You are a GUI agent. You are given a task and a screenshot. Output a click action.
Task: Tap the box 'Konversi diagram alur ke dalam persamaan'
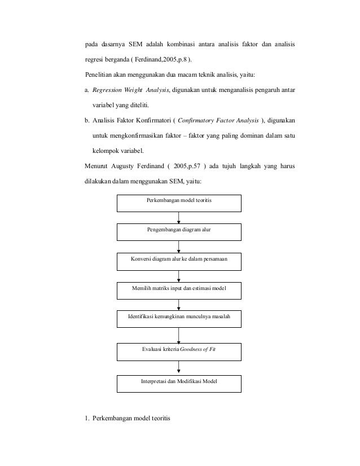[179, 261]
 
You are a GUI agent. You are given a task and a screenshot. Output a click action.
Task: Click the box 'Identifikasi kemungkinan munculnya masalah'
[179, 318]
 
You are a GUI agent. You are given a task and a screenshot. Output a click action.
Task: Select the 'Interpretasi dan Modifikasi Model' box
[179, 383]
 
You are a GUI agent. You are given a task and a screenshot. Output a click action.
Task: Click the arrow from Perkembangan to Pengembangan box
[179, 217]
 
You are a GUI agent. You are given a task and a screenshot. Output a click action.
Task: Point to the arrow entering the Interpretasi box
[179, 367]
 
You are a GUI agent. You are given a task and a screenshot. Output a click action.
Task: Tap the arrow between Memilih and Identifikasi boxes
[179, 304]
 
